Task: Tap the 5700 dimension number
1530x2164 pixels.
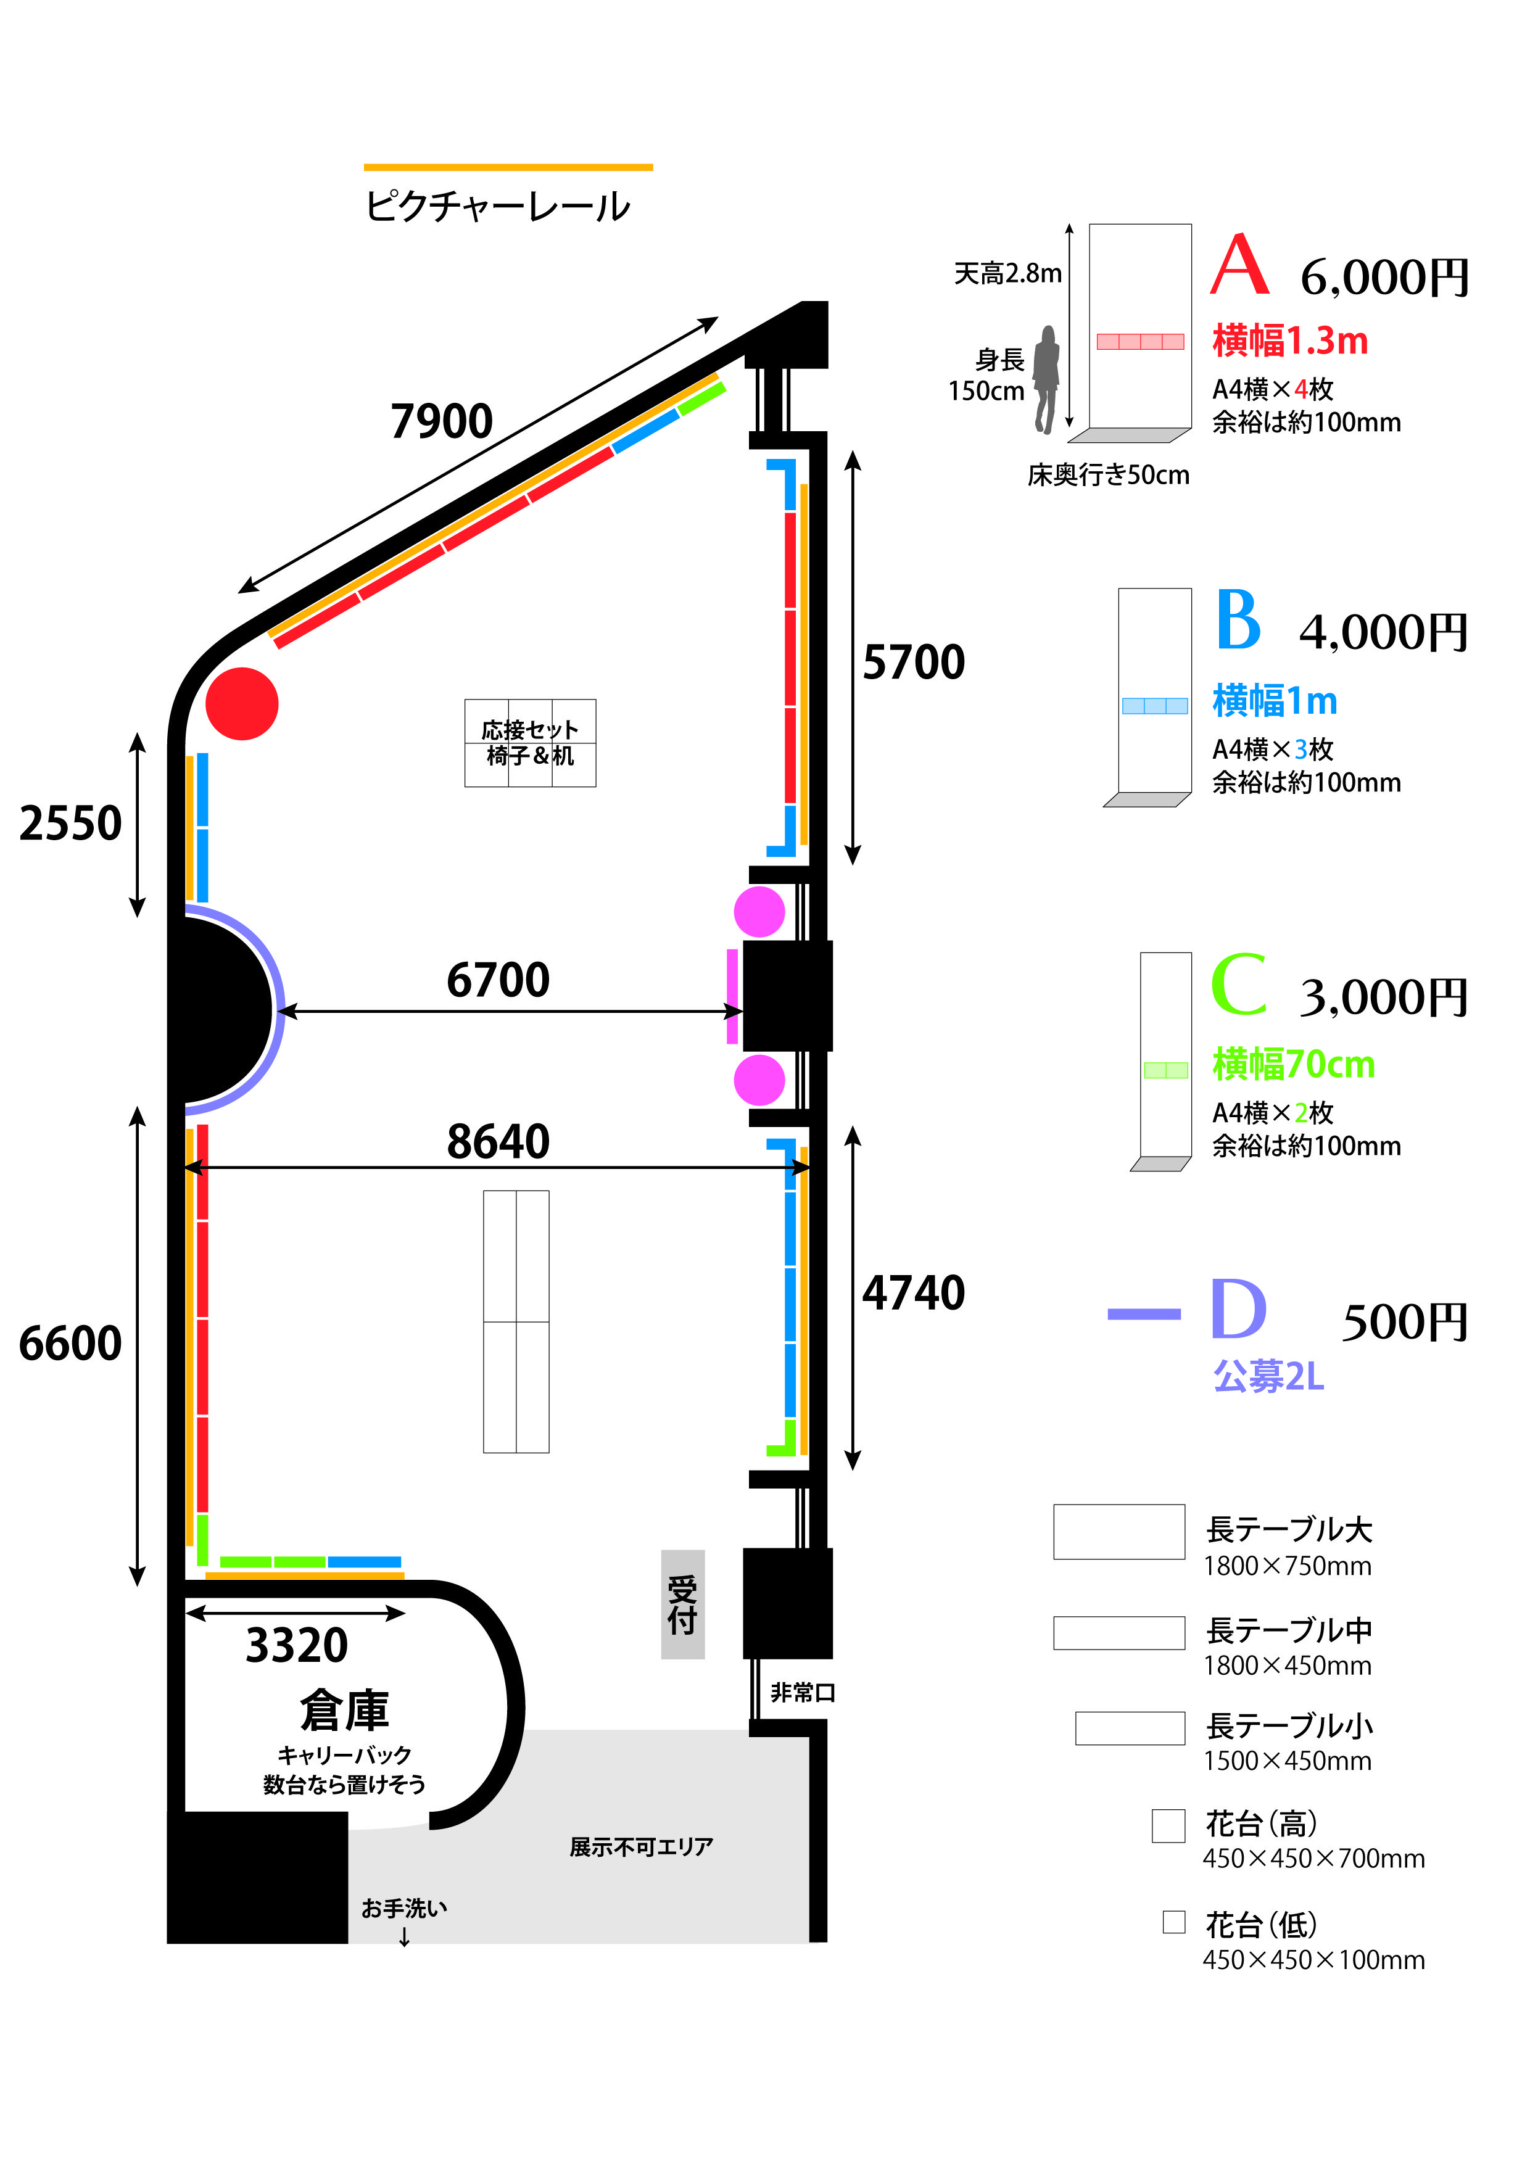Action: (914, 662)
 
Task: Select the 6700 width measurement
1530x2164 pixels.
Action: (498, 980)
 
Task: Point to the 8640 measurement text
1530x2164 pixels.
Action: (498, 1142)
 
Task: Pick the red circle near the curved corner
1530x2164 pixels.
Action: (242, 704)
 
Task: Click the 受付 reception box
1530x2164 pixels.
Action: (682, 1605)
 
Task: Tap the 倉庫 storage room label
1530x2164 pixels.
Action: (344, 1711)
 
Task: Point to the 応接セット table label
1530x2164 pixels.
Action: (530, 730)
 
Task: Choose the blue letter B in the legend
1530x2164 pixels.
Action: (1238, 619)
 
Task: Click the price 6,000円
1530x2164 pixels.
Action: (1384, 278)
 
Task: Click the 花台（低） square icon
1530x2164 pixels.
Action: (1173, 1922)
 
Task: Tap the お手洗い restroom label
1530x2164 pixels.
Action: (405, 1909)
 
